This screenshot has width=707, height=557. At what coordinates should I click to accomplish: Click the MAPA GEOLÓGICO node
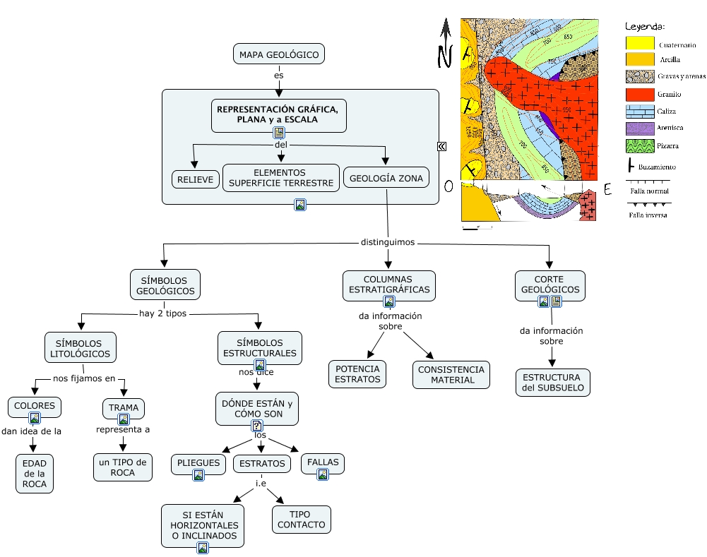coord(279,54)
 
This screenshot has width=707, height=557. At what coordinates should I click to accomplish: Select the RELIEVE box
coord(196,180)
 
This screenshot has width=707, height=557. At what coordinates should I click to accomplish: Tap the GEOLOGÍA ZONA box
coord(386,179)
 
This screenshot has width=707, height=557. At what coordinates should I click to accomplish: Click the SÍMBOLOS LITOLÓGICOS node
coord(81,348)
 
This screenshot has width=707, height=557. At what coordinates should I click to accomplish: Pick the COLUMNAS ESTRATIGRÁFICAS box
coord(388,285)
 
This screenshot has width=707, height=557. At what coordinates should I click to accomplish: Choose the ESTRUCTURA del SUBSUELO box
coord(552,383)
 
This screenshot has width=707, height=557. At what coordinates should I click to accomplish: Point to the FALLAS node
coord(323,463)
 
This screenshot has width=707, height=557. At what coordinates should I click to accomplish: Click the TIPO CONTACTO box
coord(302,520)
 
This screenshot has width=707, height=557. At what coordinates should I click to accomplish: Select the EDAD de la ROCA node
coord(35,473)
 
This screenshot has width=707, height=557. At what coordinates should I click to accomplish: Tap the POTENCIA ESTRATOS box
coord(357,374)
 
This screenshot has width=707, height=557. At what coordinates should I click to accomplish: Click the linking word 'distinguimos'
coord(388,242)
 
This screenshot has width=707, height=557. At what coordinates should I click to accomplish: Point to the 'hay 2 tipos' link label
coord(162,313)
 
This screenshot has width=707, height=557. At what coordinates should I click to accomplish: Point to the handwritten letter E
coord(607,189)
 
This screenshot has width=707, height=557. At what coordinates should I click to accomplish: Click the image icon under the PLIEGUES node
coord(198,476)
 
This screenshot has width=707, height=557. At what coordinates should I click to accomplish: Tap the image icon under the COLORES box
coord(34,418)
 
